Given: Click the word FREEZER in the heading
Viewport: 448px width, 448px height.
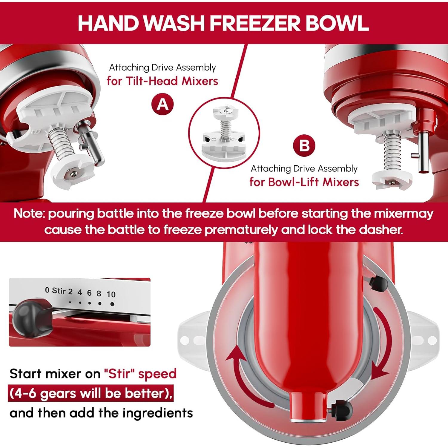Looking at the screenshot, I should click(256, 23).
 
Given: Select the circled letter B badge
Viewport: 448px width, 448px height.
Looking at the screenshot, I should click(304, 146).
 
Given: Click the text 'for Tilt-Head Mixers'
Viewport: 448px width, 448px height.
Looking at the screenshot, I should click(162, 81).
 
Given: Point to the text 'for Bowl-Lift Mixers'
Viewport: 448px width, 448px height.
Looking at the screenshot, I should click(304, 182).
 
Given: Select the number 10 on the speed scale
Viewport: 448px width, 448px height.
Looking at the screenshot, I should click(111, 294).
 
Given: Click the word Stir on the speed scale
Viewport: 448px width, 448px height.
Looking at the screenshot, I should click(59, 291).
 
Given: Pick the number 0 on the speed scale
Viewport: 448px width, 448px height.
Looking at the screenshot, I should click(47, 290).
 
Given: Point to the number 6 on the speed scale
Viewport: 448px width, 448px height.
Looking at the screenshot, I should click(89, 293).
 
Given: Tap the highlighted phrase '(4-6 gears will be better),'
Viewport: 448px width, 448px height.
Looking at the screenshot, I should click(91, 393).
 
